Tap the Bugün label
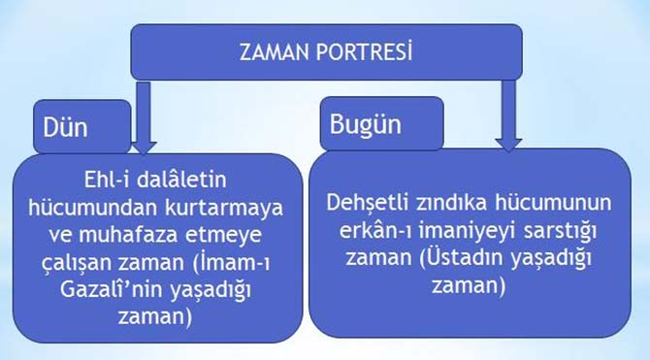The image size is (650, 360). click(x=366, y=125)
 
